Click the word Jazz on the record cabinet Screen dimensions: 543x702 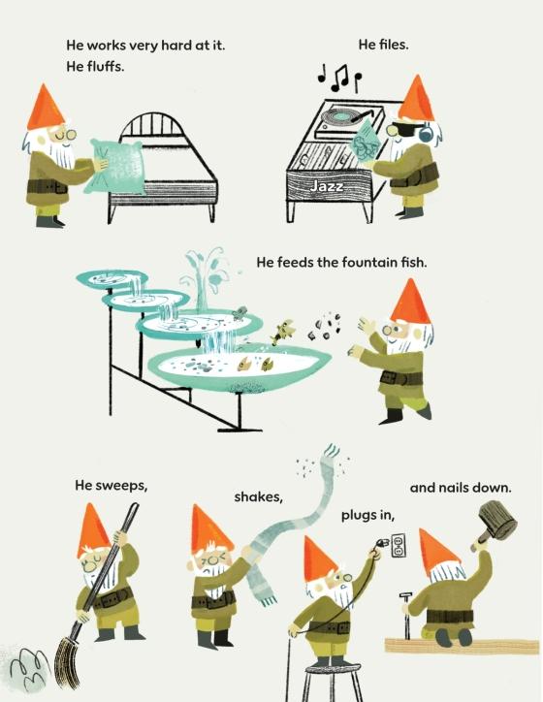pos(327,186)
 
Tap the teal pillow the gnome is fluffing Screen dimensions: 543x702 pos(116,167)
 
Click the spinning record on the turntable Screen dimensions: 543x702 pos(342,117)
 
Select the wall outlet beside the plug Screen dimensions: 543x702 pos(399,545)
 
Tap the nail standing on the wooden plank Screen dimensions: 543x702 pos(406,616)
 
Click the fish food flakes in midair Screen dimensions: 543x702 pos(326,328)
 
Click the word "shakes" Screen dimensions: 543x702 pos(258,497)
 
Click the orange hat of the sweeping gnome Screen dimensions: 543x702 pos(93,529)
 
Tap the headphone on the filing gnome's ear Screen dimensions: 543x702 pos(427,132)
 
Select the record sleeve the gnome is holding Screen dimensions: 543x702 pos(367,144)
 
